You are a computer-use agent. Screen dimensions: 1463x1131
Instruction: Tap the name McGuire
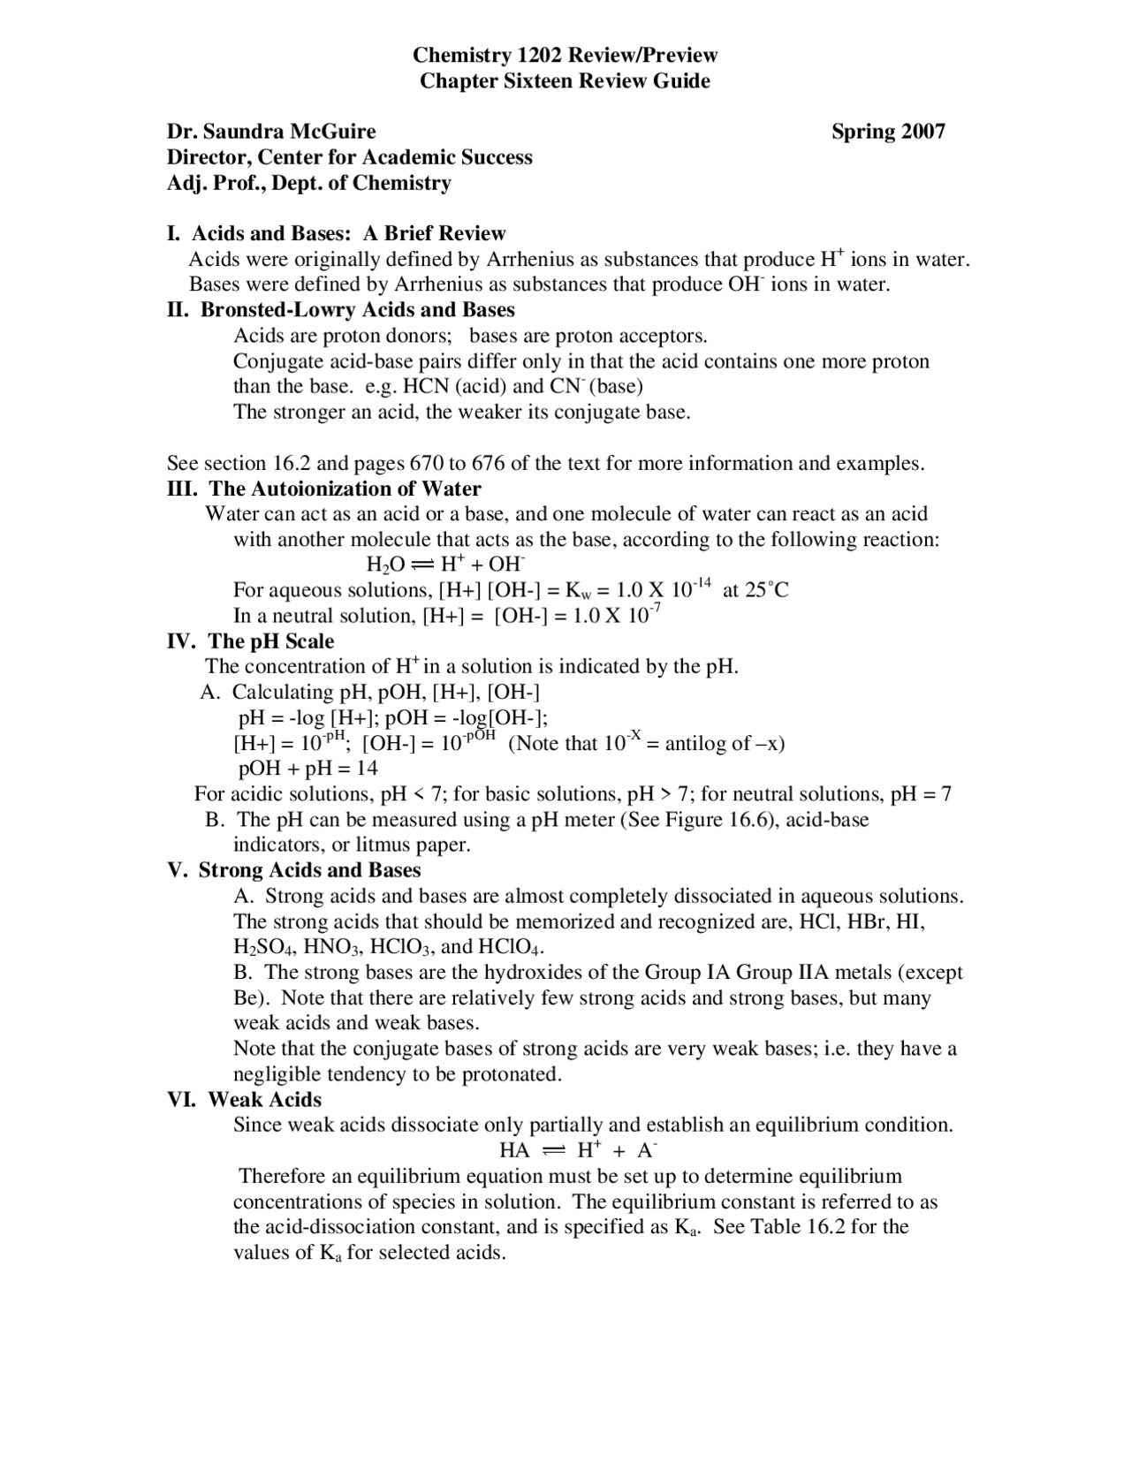331,132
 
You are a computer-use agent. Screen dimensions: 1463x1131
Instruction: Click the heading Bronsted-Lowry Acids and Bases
357,310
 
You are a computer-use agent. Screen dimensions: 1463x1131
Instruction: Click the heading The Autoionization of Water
345,489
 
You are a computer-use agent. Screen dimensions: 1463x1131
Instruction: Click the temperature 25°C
766,590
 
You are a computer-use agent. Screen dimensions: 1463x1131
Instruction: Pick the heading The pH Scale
270,641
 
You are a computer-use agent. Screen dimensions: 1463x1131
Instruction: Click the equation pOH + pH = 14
308,769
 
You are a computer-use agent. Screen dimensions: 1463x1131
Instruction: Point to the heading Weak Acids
264,1100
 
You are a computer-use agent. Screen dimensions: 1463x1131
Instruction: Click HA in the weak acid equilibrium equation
514,1151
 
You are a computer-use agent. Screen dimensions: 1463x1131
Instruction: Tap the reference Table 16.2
798,1227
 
